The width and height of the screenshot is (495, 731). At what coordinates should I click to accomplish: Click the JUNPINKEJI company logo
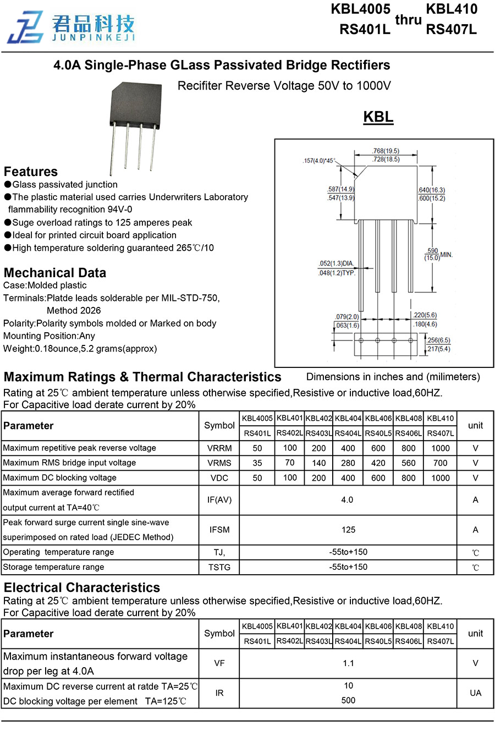(x=71, y=26)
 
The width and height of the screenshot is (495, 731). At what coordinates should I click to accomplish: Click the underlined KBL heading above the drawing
(x=378, y=117)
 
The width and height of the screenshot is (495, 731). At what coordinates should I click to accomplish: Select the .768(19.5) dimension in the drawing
(x=386, y=151)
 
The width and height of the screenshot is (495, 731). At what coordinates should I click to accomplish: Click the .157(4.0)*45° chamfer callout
(x=318, y=161)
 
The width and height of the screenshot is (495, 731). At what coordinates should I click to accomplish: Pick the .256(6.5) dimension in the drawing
(x=438, y=340)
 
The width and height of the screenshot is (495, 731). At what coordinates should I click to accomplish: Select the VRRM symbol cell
(x=219, y=448)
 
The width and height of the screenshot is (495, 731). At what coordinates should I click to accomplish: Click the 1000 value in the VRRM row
(x=440, y=448)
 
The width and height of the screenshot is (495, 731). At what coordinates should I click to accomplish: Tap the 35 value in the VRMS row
(x=257, y=463)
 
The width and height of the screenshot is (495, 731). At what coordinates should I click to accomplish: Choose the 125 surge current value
(x=348, y=530)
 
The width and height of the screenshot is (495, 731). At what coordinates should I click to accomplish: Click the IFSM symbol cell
(x=219, y=530)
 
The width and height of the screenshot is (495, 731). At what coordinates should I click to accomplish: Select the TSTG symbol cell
(x=219, y=567)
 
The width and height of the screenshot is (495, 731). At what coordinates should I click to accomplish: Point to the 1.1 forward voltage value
(x=348, y=663)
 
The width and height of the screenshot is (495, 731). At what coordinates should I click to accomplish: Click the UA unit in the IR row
(x=475, y=693)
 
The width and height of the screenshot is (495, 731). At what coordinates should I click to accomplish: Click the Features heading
(x=31, y=172)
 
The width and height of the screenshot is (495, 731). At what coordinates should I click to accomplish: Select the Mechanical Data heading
(x=55, y=273)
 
